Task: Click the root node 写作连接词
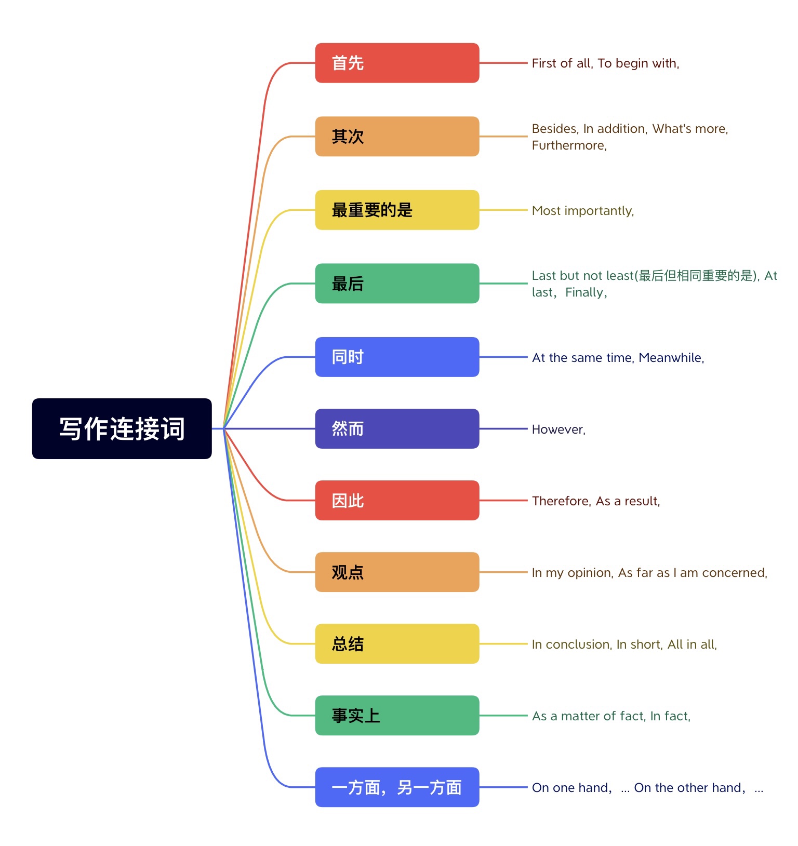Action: pos(122,428)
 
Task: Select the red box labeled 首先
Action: pos(397,63)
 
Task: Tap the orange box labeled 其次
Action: pos(397,136)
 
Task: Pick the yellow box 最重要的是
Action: pos(397,210)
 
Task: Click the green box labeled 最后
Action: pos(397,284)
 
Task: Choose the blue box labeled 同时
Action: pos(397,357)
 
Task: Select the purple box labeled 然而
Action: pos(397,428)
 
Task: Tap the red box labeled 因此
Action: pos(397,500)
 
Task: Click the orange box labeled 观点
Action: pos(397,572)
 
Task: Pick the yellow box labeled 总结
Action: pos(397,643)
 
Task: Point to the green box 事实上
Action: pos(397,715)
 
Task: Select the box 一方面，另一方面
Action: pos(397,787)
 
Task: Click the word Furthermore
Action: pos(568,145)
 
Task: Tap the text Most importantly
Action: pos(582,211)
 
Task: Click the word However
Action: pos(557,429)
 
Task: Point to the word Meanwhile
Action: pos(670,358)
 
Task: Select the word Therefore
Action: pos(561,501)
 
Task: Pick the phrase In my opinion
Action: pos(571,573)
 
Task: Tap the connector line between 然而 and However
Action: pos(503,429)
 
